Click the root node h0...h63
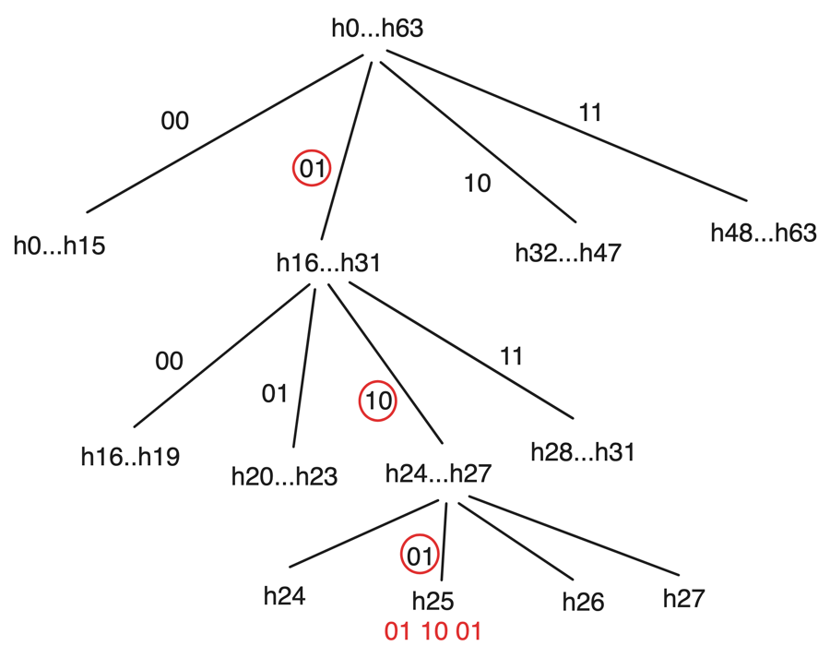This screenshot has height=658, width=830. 377,29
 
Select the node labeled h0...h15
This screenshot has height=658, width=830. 59,246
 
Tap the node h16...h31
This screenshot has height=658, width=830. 328,262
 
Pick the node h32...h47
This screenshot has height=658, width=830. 568,252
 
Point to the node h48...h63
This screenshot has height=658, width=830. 764,233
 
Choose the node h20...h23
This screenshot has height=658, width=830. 284,477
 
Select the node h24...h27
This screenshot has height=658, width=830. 437,474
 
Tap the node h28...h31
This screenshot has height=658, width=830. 584,453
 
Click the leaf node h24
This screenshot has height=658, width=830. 284,595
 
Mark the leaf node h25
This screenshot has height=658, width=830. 433,602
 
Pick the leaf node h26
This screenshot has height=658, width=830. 583,603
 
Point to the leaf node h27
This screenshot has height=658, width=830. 684,598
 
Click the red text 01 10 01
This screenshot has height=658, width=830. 433,632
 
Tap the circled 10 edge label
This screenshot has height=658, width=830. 377,401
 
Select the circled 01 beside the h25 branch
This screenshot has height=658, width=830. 418,556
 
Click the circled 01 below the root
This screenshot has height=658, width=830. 312,168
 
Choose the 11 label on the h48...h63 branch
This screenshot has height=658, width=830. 590,113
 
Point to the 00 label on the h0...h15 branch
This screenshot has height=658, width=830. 174,121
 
